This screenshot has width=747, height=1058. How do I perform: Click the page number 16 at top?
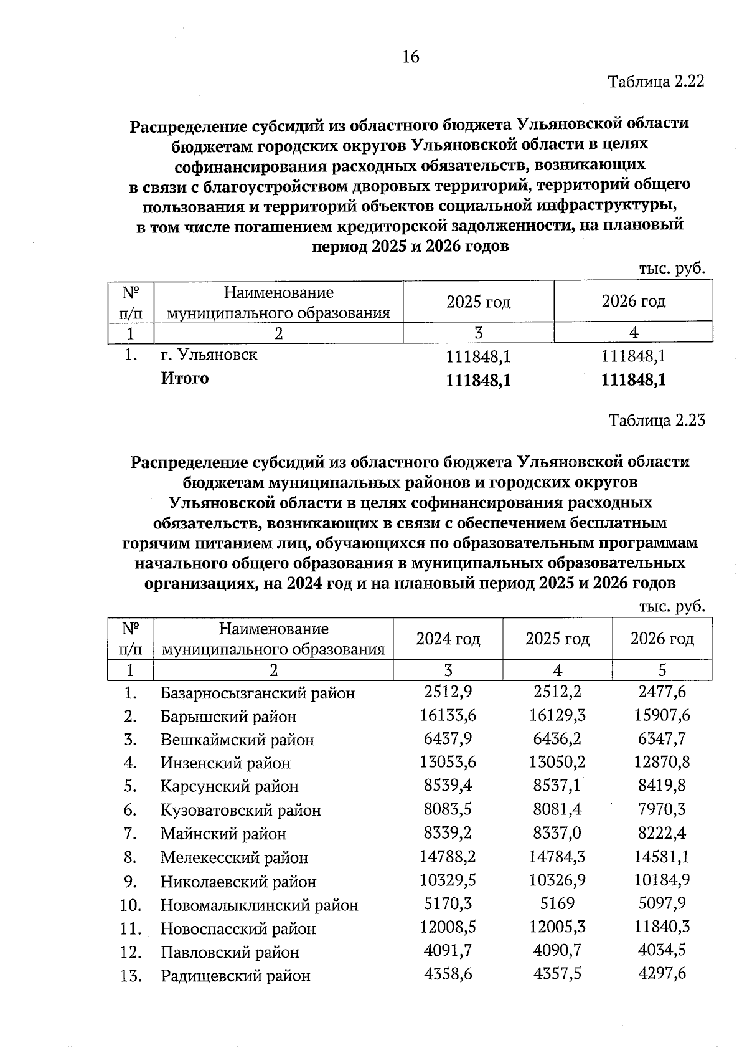[x=411, y=57]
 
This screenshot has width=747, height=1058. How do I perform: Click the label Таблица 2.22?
[x=656, y=82]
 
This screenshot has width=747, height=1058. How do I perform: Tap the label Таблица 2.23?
[x=657, y=421]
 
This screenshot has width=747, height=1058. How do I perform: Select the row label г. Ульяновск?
[x=209, y=355]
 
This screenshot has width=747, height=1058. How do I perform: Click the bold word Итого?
[x=185, y=378]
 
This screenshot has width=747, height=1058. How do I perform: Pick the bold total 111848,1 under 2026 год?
[x=634, y=380]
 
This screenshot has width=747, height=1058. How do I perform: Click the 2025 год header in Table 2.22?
[x=478, y=302]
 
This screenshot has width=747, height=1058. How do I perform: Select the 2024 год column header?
[x=448, y=639]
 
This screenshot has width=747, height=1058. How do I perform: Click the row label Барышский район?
[x=228, y=717]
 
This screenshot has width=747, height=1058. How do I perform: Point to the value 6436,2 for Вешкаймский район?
[x=557, y=738]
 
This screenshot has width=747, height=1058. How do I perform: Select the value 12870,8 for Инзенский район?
[x=662, y=761]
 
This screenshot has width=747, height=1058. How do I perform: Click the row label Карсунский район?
[x=229, y=786]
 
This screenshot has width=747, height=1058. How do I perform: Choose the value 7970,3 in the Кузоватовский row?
[x=662, y=809]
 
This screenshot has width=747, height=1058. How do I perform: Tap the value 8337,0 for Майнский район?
[x=557, y=832]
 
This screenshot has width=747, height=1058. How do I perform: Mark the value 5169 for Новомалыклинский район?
[x=557, y=903]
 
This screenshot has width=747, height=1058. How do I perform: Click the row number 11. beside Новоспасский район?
[x=131, y=928]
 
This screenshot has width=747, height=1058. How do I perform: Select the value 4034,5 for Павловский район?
[x=662, y=950]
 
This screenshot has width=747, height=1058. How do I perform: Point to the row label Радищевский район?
[x=235, y=976]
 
